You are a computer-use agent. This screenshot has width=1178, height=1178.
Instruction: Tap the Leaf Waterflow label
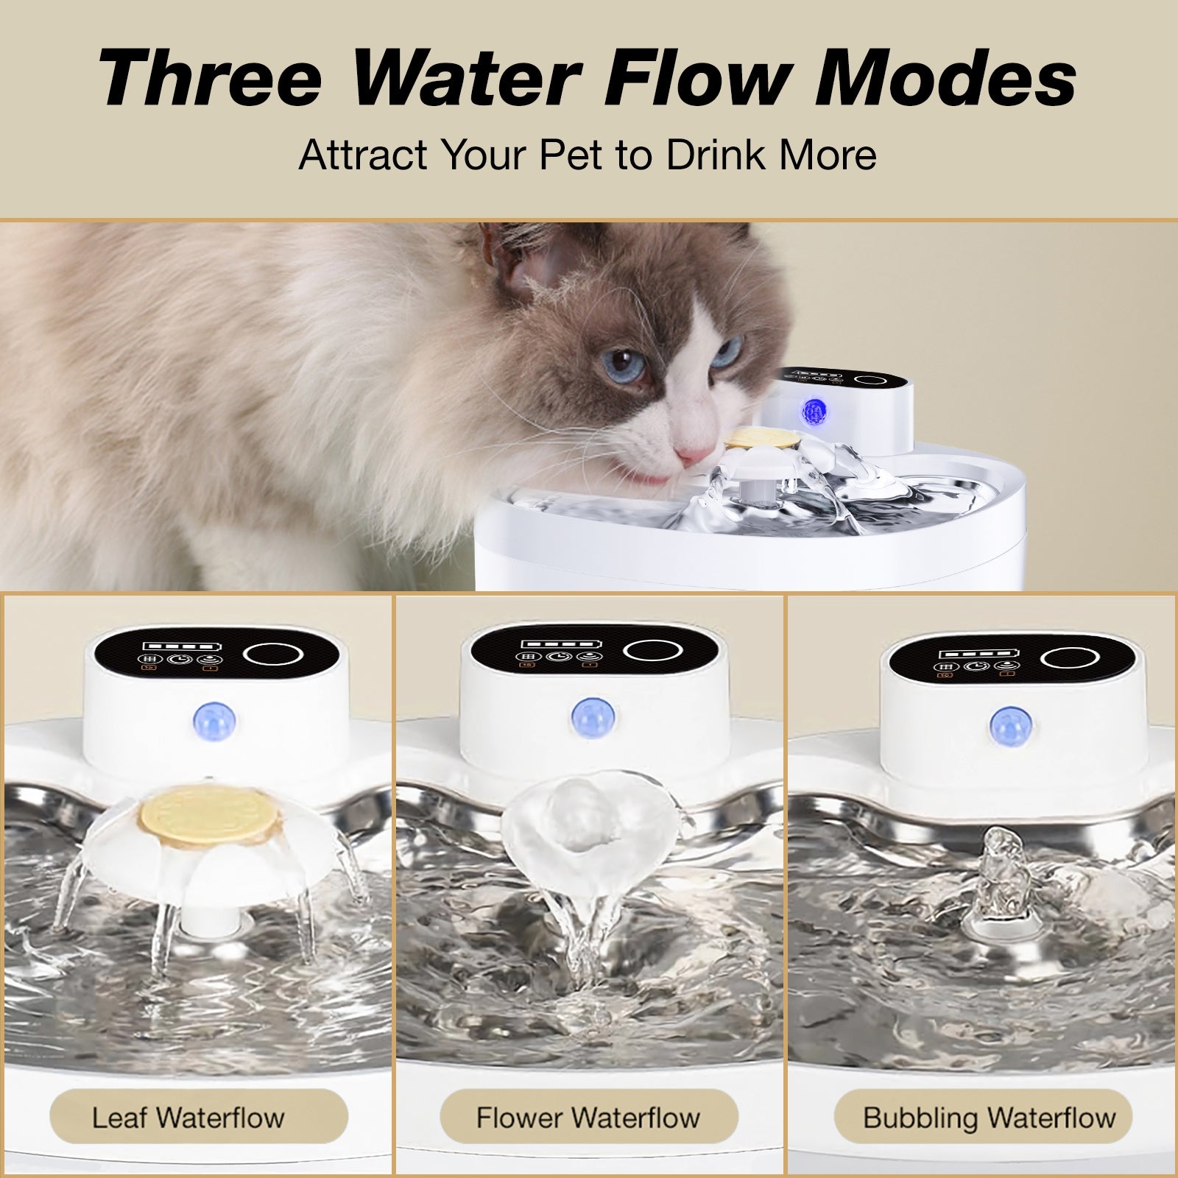coord(188,1118)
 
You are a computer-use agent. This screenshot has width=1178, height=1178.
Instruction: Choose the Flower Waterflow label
coord(588,1118)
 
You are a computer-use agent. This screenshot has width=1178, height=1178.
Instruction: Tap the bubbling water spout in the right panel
coord(999,855)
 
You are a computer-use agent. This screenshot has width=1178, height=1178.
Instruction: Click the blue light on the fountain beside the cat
coord(813,409)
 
